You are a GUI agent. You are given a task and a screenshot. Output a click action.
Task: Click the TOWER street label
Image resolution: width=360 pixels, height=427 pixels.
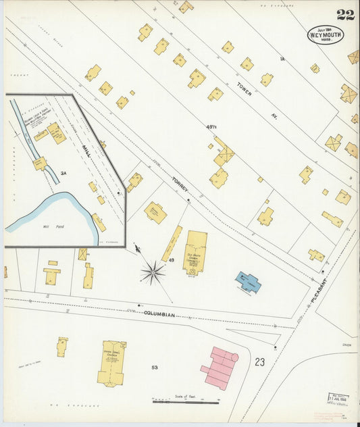[245, 89]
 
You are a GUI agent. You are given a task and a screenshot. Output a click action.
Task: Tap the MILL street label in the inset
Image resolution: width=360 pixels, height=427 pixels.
[86, 149]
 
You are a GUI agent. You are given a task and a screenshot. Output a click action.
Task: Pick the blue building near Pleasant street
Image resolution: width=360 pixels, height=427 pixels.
[248, 282]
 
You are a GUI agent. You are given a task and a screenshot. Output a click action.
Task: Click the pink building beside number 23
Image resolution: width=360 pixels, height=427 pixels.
[220, 368]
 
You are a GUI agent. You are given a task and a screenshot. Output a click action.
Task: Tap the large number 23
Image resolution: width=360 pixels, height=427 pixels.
[260, 362]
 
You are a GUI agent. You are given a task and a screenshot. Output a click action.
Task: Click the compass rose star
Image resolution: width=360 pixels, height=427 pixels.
[153, 272]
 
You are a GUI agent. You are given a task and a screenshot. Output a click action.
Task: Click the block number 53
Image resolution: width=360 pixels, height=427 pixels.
[155, 368]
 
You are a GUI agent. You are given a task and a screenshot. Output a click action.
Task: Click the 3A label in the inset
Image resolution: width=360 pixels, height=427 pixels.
[63, 174]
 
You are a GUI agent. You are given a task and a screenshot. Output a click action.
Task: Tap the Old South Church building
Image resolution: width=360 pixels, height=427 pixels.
[195, 252]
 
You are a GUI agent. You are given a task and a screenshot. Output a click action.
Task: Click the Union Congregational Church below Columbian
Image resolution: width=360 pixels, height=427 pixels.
[111, 363]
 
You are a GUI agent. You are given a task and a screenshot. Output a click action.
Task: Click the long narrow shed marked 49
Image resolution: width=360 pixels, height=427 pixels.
[172, 243]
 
